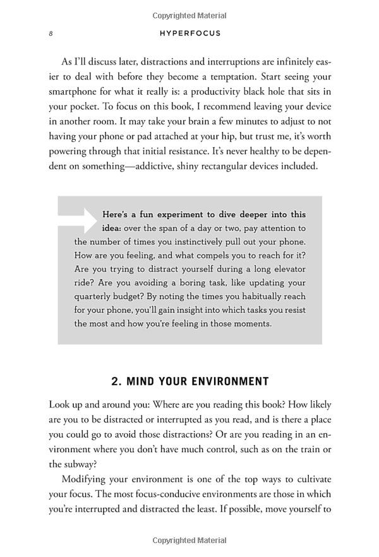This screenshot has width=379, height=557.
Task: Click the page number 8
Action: pos(51,33)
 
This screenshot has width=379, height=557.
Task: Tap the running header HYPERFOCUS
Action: pos(189,33)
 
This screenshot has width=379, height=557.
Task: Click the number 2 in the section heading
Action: pos(116,381)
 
